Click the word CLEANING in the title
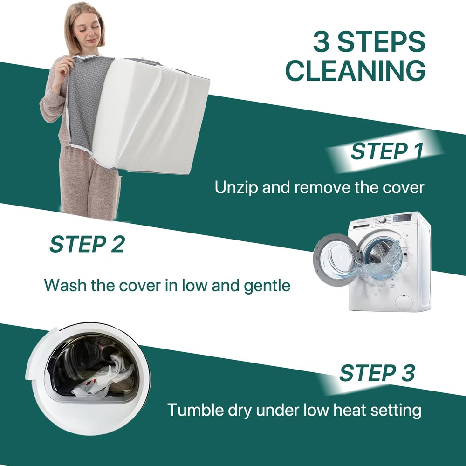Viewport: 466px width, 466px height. [356, 70]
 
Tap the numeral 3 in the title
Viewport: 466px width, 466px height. [322, 41]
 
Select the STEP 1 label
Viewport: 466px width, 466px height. [387, 151]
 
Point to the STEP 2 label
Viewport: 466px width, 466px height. [87, 244]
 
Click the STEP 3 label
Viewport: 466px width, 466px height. [377, 373]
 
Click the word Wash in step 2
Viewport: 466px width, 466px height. [65, 285]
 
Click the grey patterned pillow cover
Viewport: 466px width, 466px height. [86, 101]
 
